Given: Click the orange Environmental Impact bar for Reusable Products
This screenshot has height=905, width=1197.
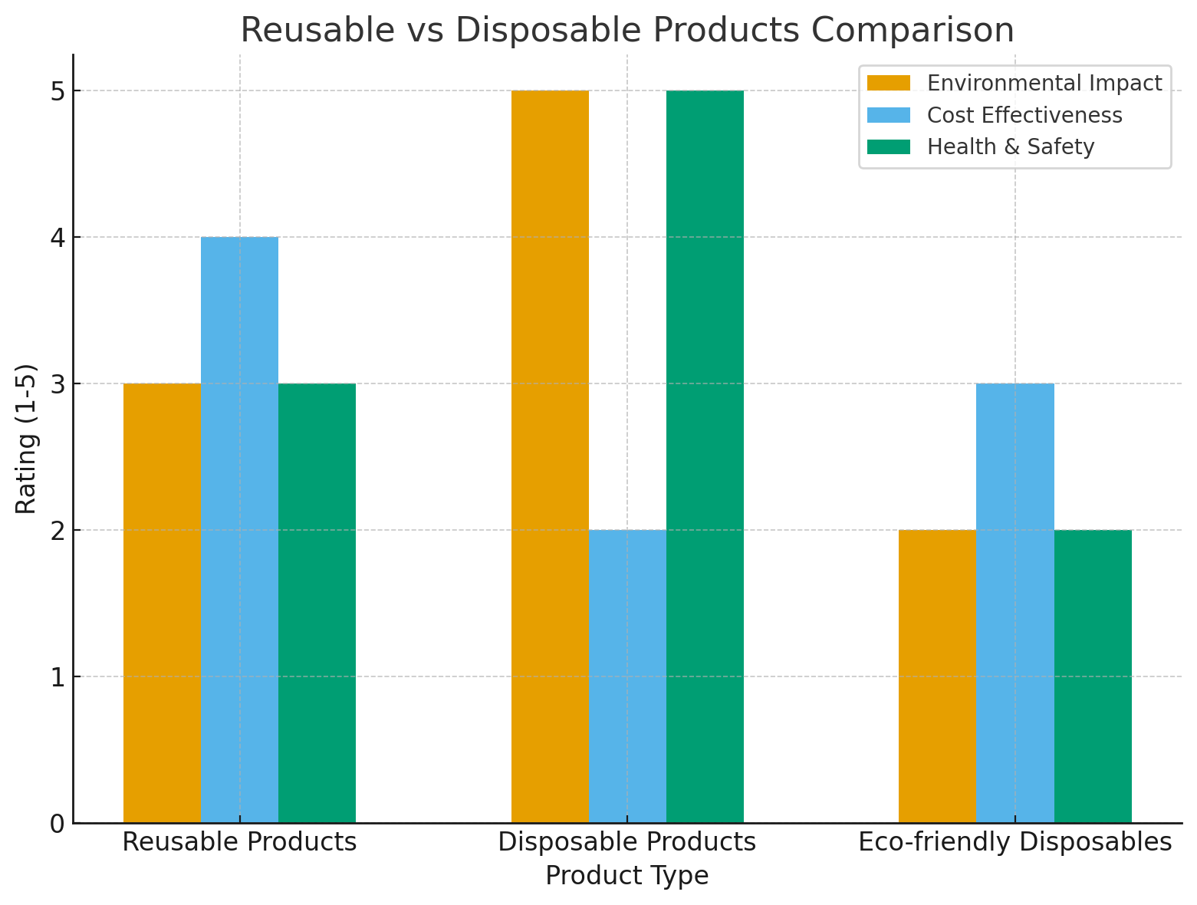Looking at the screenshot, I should [x=162, y=603].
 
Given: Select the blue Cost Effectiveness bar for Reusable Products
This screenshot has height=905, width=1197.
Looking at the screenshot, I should [x=239, y=530].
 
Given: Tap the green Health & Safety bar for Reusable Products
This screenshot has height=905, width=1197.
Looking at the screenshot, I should [x=317, y=603].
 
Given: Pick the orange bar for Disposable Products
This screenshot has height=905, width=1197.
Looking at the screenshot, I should [x=550, y=456].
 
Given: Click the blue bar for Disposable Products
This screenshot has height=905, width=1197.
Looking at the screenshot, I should [x=627, y=676].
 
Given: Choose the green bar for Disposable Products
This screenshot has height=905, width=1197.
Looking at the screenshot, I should [x=705, y=456].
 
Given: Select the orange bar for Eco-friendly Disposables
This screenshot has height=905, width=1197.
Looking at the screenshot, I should [x=937, y=676].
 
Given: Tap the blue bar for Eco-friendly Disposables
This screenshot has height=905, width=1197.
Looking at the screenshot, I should [x=1015, y=603].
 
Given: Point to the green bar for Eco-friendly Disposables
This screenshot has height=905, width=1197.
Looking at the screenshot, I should [x=1093, y=676].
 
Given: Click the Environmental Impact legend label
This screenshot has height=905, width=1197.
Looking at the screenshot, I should [x=1044, y=83].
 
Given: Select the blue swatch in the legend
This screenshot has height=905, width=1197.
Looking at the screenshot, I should [x=888, y=115].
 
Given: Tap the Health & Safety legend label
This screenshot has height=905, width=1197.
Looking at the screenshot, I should [x=1011, y=146].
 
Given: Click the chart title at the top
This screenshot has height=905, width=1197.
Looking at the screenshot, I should [x=627, y=31].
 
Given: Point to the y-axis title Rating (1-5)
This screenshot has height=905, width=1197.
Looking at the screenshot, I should [x=27, y=439].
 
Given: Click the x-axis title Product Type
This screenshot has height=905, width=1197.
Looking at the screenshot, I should [x=627, y=875].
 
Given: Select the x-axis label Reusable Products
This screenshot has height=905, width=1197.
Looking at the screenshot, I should [x=239, y=842].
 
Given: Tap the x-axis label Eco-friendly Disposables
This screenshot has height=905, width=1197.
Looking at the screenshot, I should [x=1015, y=842].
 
